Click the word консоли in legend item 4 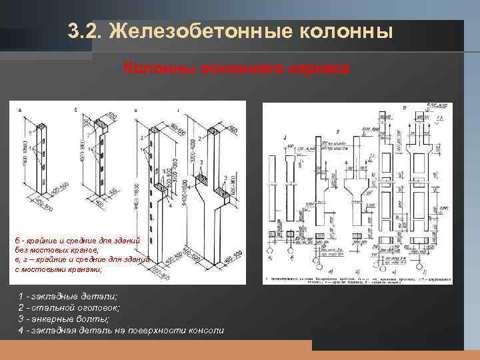[204, 331]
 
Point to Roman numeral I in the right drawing [285, 139]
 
